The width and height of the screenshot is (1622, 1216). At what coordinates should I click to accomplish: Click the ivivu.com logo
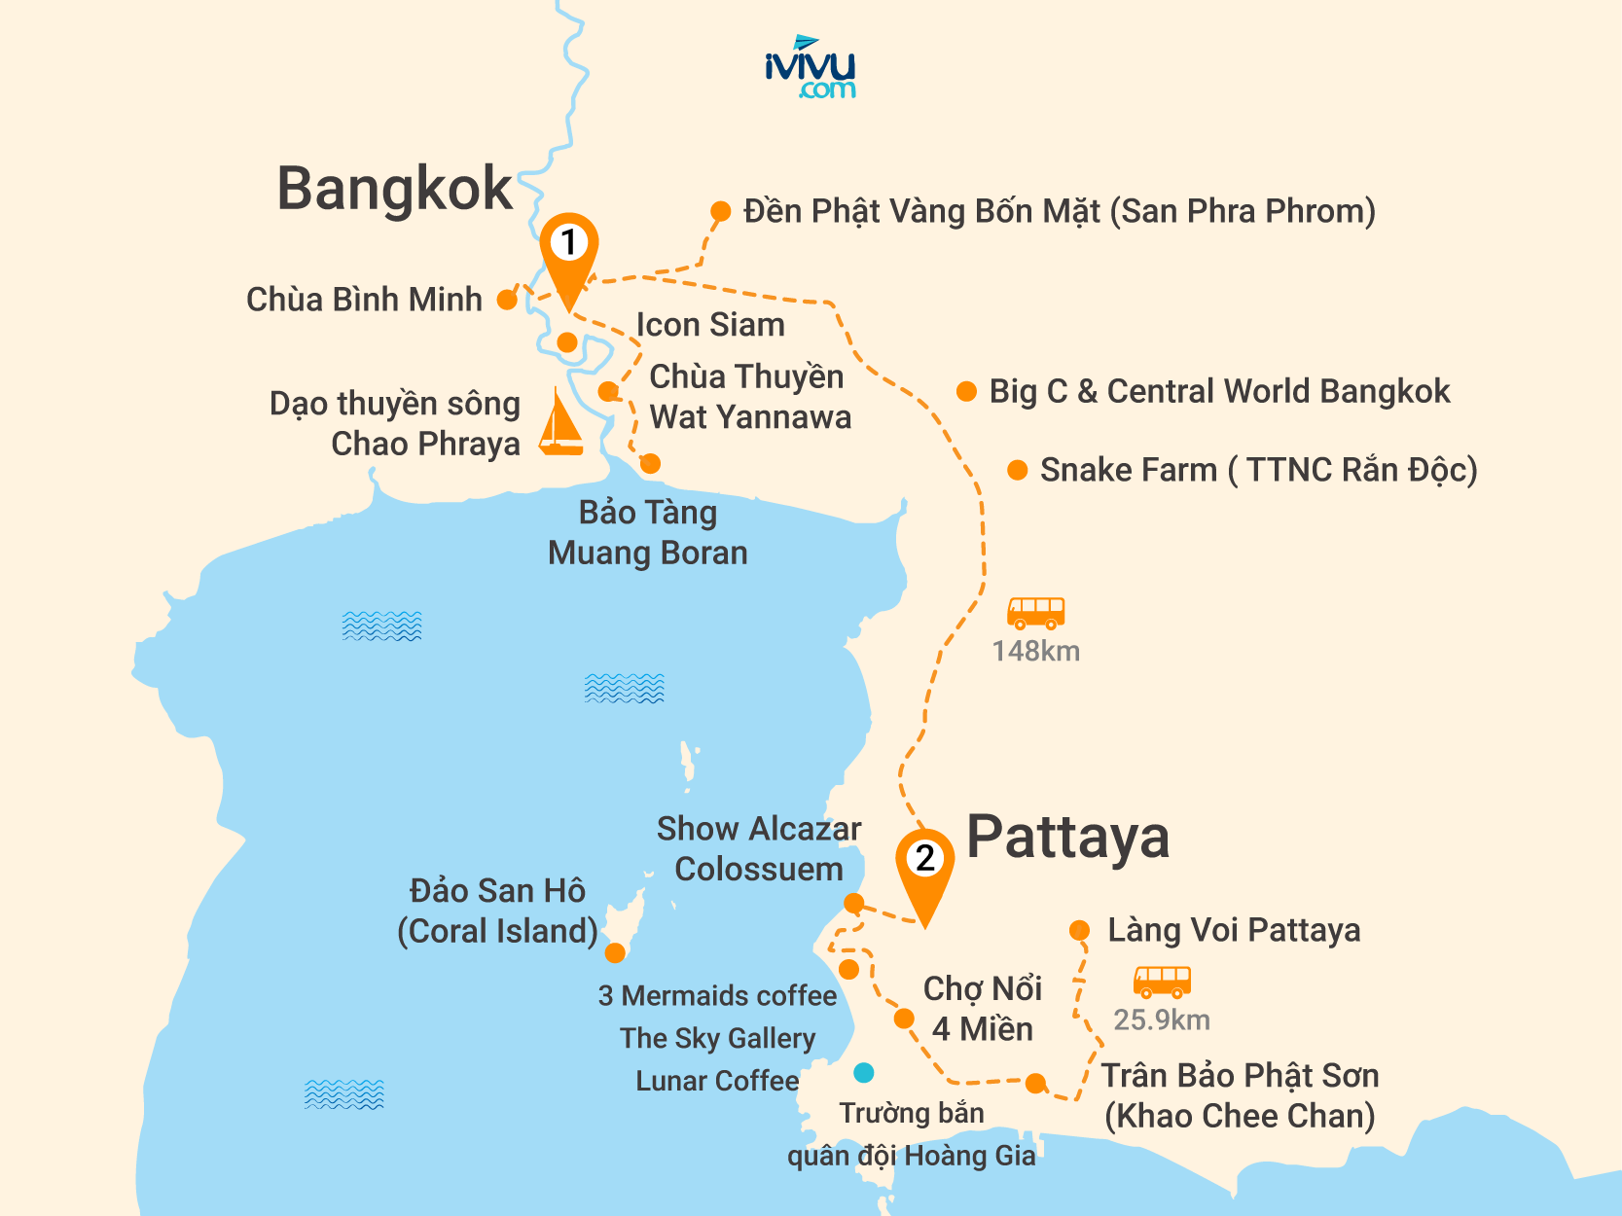pos(810,68)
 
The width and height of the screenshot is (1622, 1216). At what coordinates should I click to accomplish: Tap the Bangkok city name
pos(394,189)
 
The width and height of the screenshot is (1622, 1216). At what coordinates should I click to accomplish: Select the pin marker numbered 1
pos(569,249)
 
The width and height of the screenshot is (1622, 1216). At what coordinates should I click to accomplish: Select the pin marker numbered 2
pos(924,865)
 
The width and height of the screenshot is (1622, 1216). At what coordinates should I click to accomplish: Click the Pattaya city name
pos(1067,838)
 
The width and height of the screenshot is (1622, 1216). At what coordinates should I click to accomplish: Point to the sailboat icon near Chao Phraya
pos(560,424)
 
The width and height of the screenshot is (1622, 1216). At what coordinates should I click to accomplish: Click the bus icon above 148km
pos(1035,613)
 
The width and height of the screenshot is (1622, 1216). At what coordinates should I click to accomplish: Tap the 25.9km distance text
pos(1162,1019)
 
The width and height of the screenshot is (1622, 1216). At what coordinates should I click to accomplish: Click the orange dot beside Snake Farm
pos(1018,471)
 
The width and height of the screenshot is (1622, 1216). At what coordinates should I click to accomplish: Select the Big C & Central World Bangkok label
pos(1219,391)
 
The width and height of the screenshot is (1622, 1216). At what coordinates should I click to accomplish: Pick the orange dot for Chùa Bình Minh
pos(507,300)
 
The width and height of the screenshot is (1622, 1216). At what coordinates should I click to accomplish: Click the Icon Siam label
pos(710,325)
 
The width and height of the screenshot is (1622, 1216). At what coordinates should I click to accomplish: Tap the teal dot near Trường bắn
pos(863,1073)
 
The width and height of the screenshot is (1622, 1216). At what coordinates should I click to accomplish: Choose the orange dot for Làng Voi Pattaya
pos(1079,930)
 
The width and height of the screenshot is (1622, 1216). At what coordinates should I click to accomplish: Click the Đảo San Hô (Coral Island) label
pos(497,911)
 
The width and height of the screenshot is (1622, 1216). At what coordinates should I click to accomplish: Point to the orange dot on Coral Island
pos(615,952)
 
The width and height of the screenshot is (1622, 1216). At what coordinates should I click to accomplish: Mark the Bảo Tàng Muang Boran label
pos(648,532)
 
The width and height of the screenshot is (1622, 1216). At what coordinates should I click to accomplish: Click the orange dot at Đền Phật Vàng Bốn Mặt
pos(720,211)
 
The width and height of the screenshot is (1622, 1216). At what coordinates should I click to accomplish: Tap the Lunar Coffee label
pos(717,1081)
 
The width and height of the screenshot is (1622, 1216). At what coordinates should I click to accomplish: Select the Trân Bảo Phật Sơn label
pos(1240,1095)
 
